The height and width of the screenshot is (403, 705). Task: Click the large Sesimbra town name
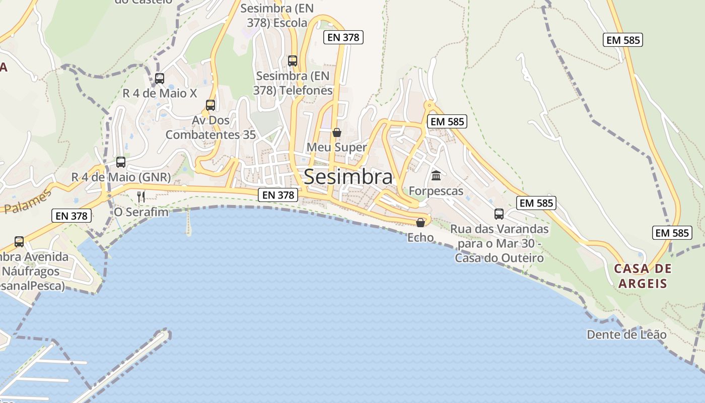[348, 177]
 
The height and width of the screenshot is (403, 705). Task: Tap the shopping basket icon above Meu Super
[337, 132]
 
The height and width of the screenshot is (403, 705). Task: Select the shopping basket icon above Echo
[420, 223]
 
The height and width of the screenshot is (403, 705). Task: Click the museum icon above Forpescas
[436, 176]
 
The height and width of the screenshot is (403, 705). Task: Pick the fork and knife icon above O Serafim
[141, 196]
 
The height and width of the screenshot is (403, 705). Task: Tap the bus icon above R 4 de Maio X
[160, 79]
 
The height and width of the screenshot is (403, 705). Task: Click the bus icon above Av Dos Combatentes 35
[210, 105]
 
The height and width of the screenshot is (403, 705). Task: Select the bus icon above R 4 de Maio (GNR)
[121, 162]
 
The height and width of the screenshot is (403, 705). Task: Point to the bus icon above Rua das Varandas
[499, 214]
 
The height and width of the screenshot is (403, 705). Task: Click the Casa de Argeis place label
[643, 276]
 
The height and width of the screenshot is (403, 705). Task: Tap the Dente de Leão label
[626, 334]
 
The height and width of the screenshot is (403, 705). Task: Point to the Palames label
[28, 202]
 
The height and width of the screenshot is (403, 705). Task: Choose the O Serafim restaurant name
[141, 212]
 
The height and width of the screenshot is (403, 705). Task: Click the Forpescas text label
[436, 191]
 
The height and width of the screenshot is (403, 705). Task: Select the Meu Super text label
[337, 148]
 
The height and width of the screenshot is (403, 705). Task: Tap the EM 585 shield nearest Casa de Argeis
[672, 233]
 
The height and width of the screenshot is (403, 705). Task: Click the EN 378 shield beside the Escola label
[343, 37]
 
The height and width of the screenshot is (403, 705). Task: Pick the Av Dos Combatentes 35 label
[210, 127]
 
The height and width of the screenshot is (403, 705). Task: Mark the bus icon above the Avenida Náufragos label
[19, 242]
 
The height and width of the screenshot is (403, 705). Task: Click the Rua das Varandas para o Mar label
[499, 243]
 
